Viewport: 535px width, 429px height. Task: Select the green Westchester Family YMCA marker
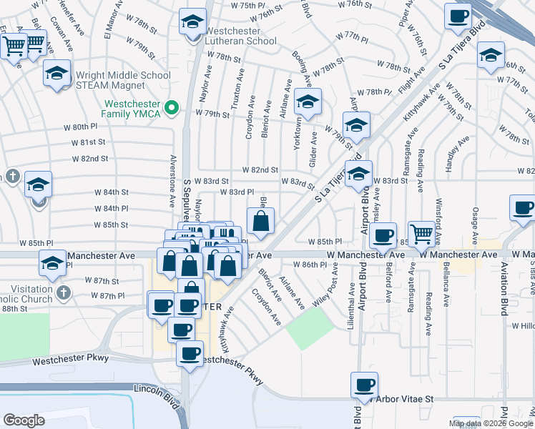(172, 108)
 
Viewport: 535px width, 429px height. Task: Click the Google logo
(24, 420)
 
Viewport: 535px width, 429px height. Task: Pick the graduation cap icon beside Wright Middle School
(57, 74)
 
